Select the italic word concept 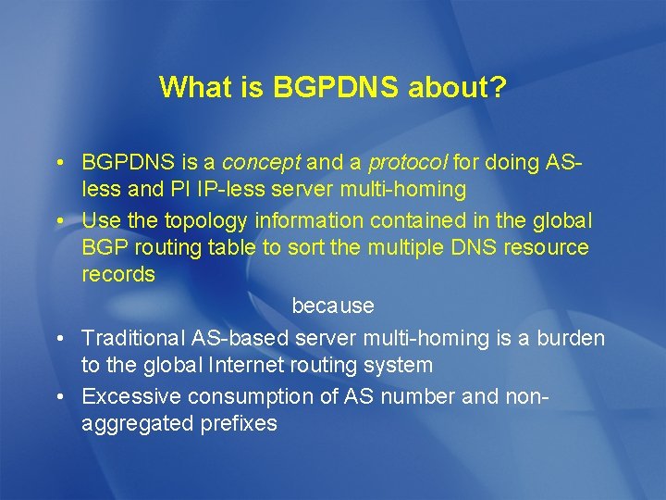[261, 163]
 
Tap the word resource [545, 248]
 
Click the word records [118, 275]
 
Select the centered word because [333, 305]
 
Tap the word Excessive [131, 396]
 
